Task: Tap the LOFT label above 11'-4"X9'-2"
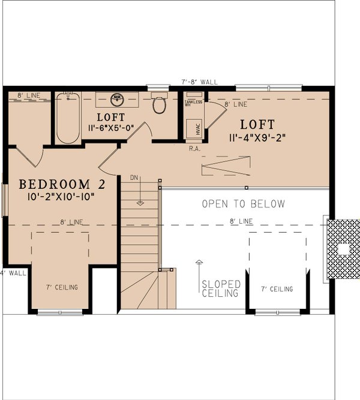257,125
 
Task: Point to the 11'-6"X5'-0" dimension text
110,128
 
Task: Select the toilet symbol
159,106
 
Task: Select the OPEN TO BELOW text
243,204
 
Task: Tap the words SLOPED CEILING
221,288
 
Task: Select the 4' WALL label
13,273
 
